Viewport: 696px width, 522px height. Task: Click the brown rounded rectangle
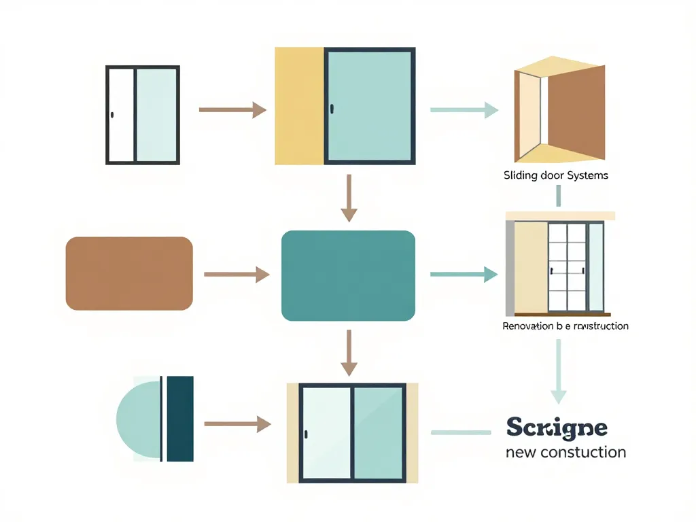[x=129, y=273]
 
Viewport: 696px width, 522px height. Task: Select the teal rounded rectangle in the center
[x=348, y=275]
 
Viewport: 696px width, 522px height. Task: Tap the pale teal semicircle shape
[x=139, y=418]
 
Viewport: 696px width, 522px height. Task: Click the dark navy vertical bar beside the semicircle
[x=180, y=418]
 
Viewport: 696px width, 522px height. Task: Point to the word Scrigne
[x=557, y=428]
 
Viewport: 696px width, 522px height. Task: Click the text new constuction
[x=565, y=452]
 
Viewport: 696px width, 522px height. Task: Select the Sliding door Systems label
[x=555, y=175]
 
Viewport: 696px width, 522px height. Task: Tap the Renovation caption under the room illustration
[x=565, y=326]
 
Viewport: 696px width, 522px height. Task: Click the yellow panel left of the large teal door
[x=299, y=106]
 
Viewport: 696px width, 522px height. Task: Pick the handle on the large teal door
[x=332, y=109]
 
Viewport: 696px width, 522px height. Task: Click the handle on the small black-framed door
[x=112, y=114]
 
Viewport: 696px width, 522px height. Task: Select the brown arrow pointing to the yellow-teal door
[x=232, y=109]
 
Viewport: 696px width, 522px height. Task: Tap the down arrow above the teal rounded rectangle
[x=349, y=198]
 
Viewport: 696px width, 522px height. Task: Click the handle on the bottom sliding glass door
[x=307, y=434]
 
